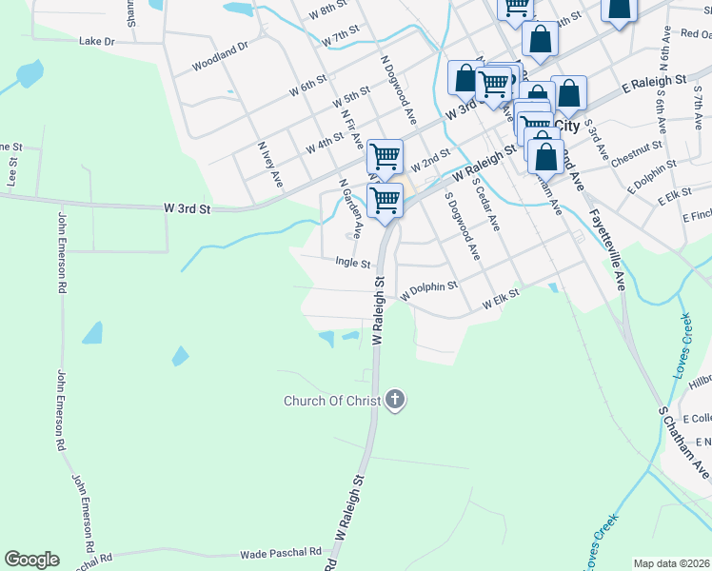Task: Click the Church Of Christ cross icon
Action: tap(396, 401)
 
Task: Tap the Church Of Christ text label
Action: tap(332, 401)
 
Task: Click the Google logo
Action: tap(31, 560)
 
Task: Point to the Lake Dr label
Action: tap(96, 42)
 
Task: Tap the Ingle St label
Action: tap(352, 262)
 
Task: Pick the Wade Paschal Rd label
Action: tap(281, 553)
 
